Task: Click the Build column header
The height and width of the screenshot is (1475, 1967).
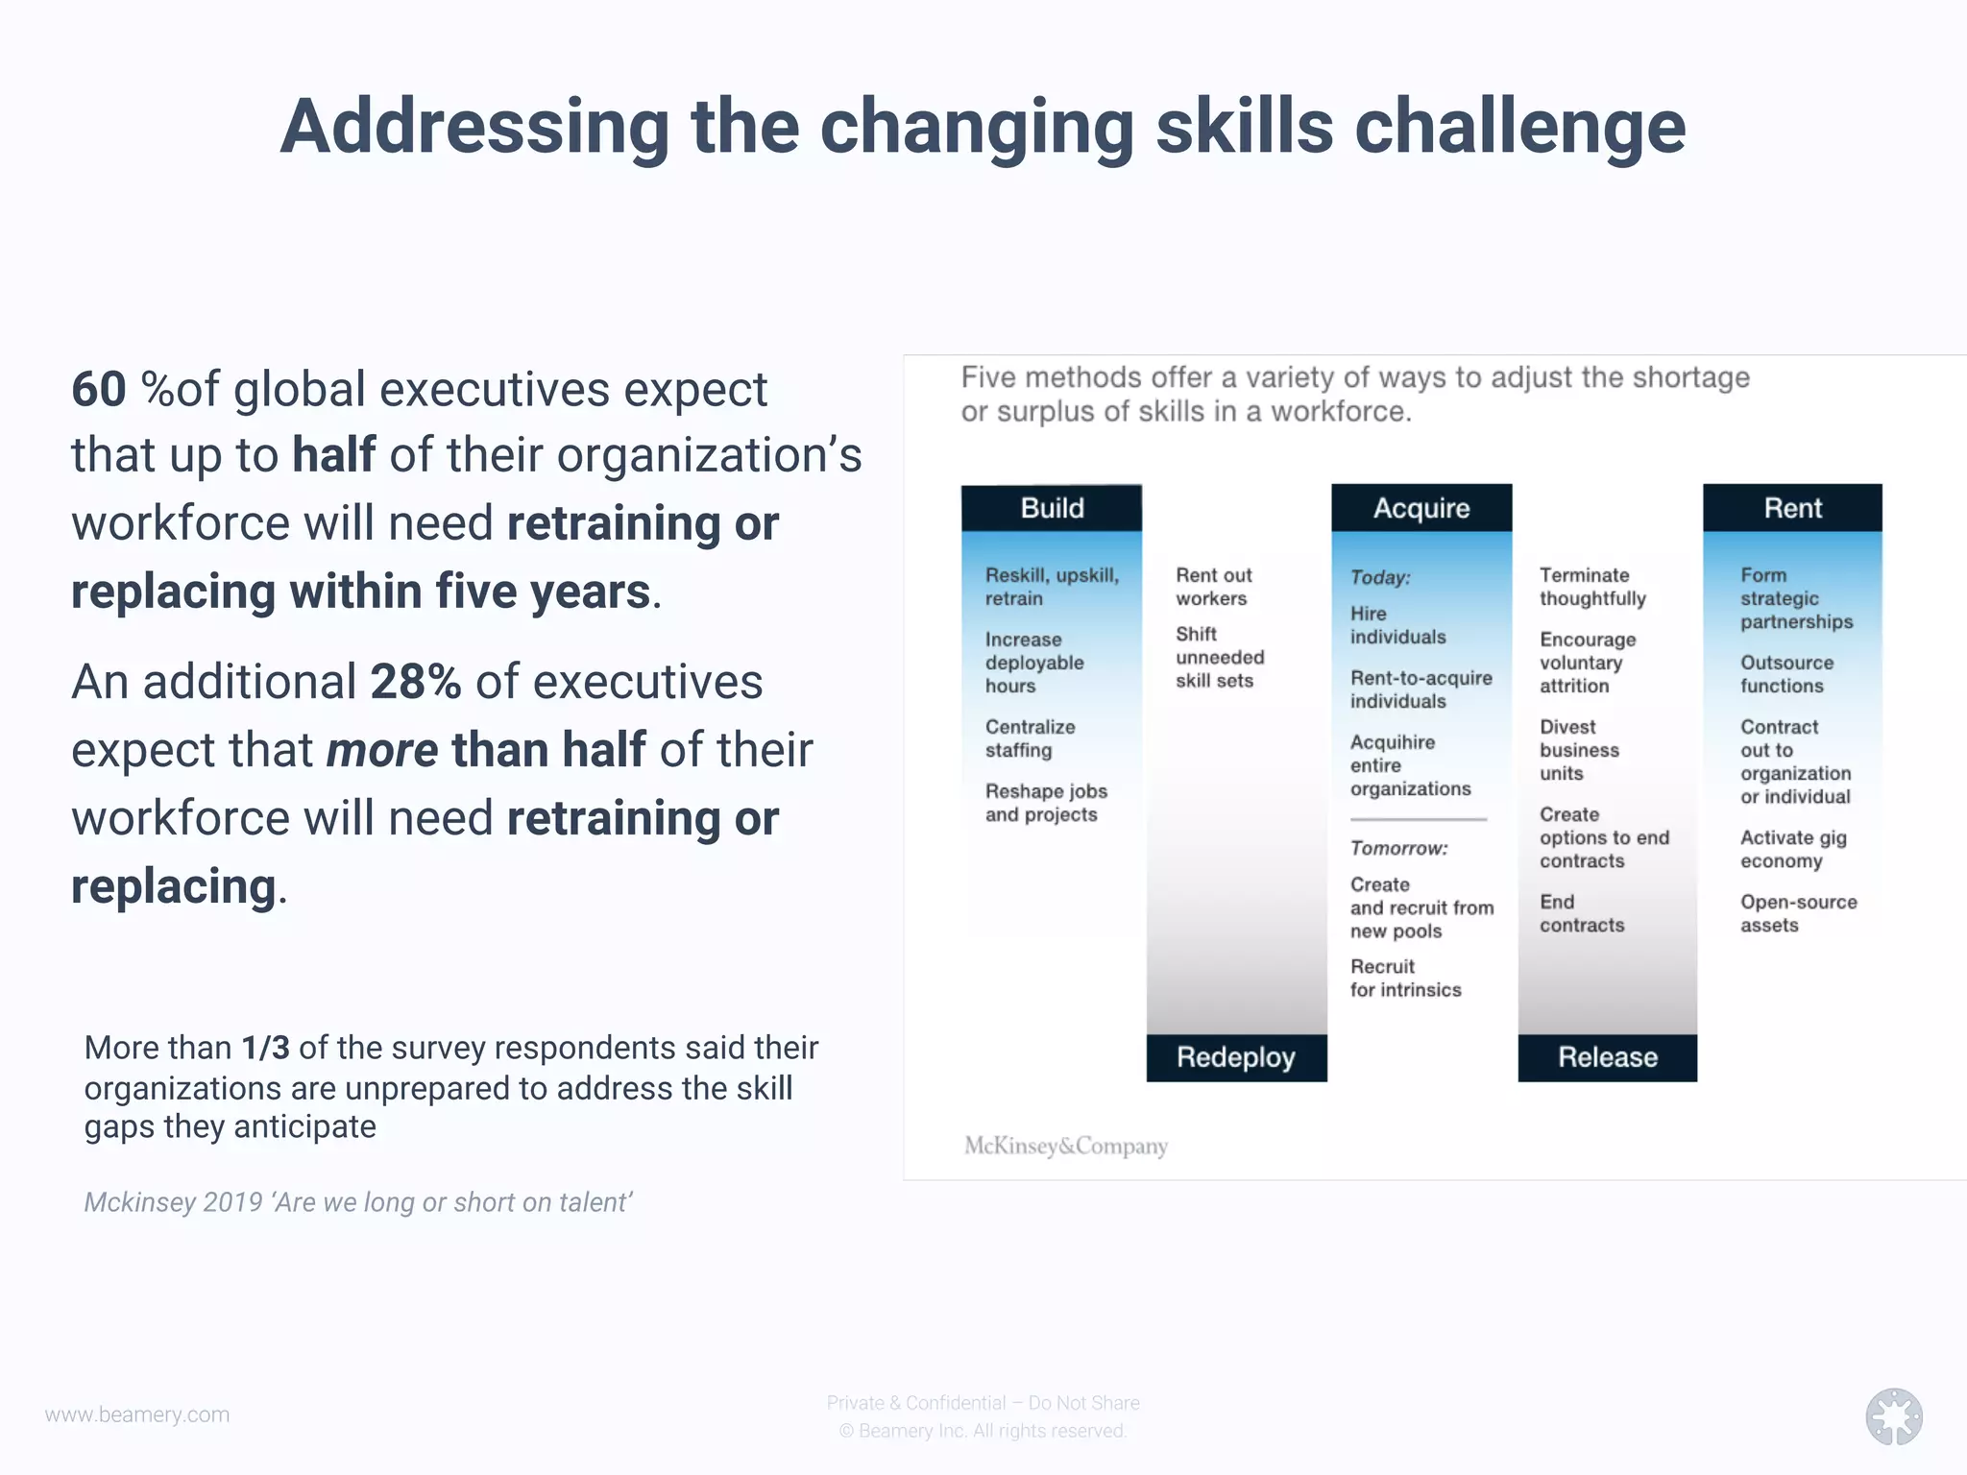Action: [1052, 508]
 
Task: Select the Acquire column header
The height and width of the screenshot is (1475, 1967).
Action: [1421, 508]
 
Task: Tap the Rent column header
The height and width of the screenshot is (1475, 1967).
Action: [1792, 508]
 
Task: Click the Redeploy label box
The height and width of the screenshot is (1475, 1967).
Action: [1236, 1057]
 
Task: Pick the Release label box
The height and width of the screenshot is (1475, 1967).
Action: [1607, 1057]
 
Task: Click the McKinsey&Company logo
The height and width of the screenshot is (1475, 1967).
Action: [1066, 1146]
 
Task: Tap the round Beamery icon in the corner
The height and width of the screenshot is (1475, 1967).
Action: [1894, 1416]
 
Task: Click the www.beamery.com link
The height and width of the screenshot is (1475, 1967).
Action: [137, 1415]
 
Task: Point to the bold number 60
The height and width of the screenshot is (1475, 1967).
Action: [99, 390]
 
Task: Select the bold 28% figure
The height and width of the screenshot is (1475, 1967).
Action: [415, 683]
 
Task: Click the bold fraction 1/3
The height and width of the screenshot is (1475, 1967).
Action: [265, 1048]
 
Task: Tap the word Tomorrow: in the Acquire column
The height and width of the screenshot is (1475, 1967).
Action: [1398, 849]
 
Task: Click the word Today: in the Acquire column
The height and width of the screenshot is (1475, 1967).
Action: [1380, 578]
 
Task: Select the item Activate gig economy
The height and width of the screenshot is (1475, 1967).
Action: [1793, 849]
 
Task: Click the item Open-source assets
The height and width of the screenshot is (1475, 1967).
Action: [1798, 913]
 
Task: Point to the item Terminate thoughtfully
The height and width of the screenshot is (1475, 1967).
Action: [1592, 587]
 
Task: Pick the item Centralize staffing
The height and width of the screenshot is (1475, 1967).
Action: [1030, 738]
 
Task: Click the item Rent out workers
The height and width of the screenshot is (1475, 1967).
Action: [1214, 587]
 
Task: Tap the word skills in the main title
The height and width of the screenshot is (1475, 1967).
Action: [1245, 128]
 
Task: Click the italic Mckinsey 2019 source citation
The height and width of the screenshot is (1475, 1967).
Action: [357, 1202]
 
